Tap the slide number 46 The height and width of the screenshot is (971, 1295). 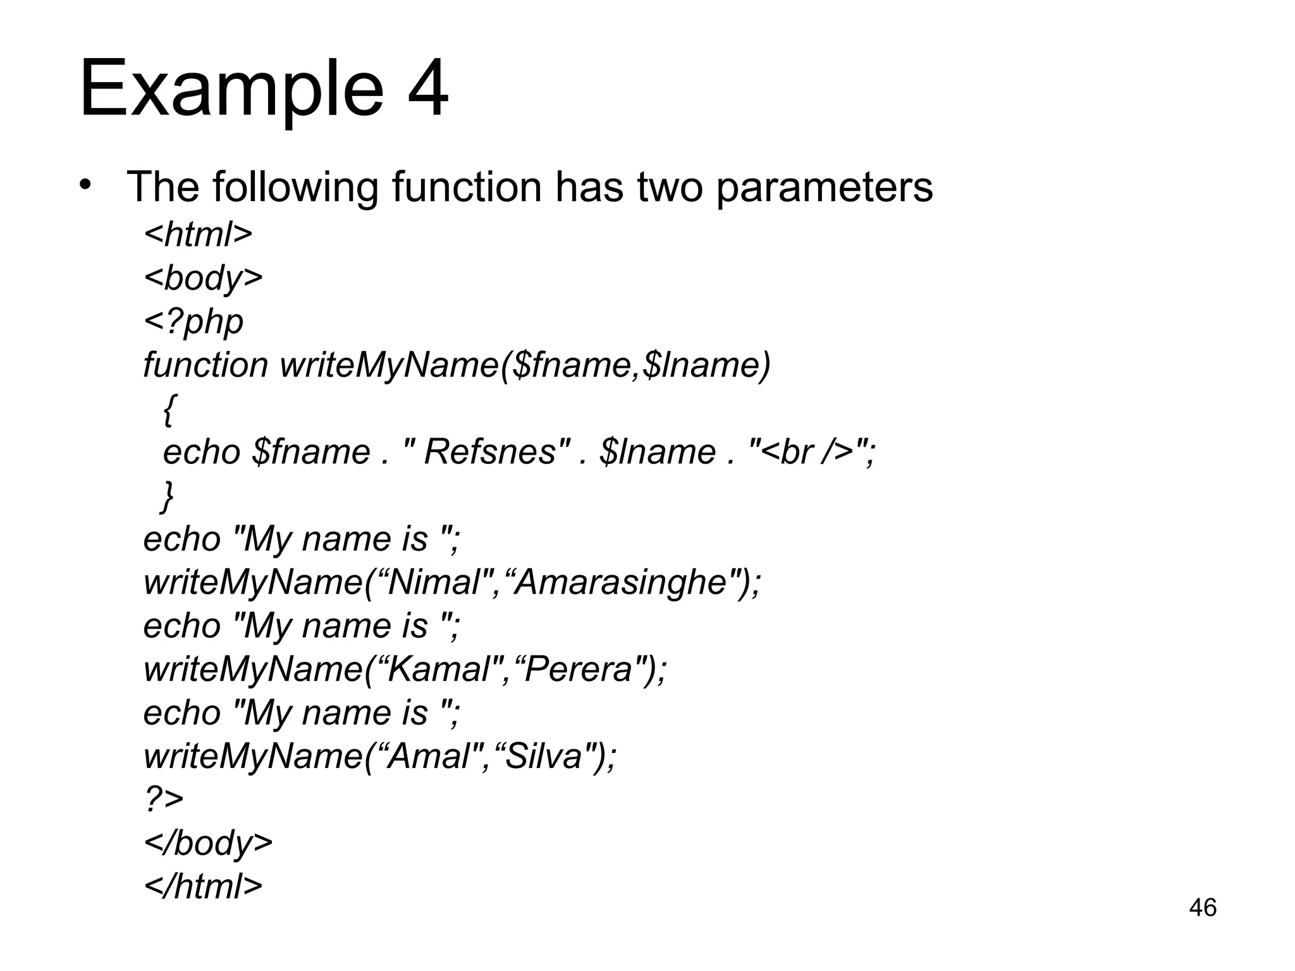[1202, 907]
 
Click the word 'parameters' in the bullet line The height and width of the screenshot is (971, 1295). [824, 187]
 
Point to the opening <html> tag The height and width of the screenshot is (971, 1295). [198, 234]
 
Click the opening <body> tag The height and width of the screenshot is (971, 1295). [203, 278]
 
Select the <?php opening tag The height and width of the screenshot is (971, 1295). [193, 321]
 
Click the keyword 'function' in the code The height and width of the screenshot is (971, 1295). [206, 365]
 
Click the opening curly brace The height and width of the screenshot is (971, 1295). [169, 409]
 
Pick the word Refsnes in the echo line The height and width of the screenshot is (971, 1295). [489, 452]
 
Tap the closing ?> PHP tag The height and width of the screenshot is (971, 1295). [164, 799]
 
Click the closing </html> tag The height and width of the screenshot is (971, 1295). [203, 886]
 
